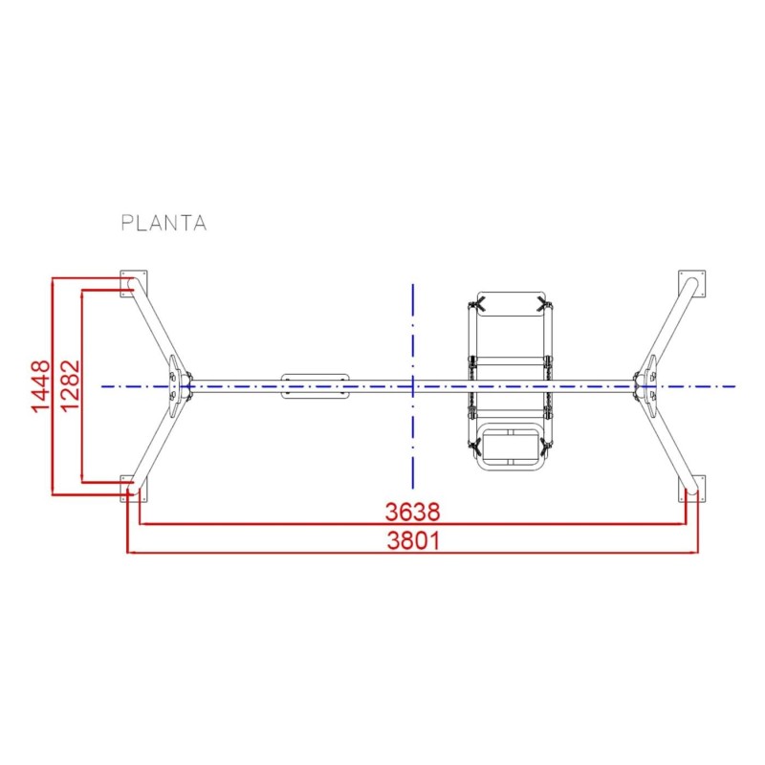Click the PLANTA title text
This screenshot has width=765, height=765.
point(164,223)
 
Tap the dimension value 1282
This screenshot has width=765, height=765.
point(68,386)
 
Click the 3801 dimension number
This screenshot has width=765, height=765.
point(412,541)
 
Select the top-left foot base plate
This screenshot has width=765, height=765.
point(131,284)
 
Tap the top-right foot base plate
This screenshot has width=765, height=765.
point(692,284)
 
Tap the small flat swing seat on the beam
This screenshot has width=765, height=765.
point(316,386)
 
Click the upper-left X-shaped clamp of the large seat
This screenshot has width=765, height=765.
point(477,305)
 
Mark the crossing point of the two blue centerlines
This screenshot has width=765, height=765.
point(412,386)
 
